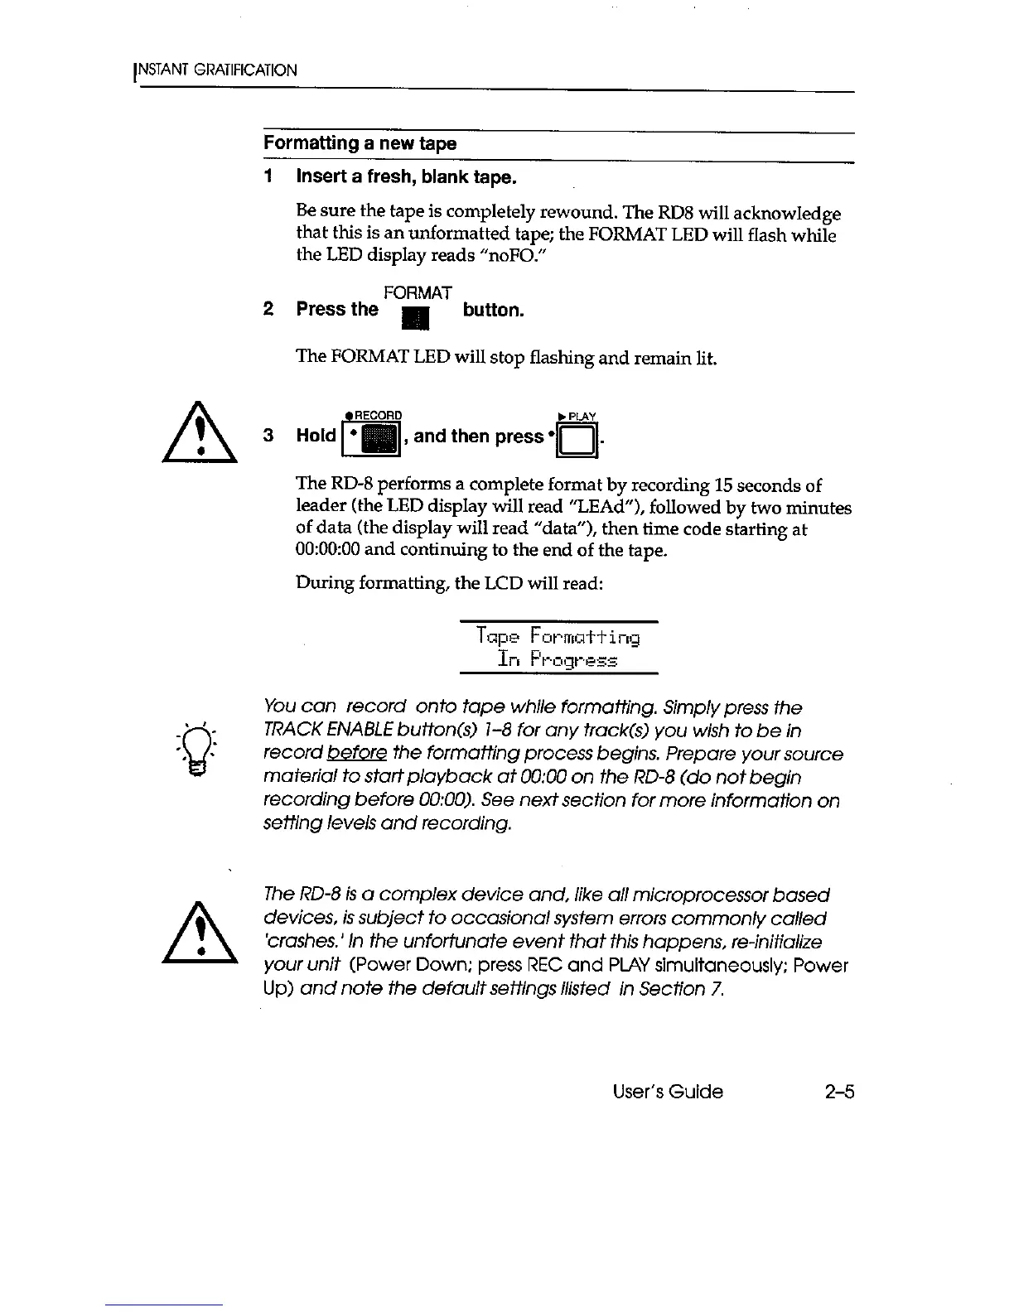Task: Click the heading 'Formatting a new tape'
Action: tap(360, 143)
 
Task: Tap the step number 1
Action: tap(268, 177)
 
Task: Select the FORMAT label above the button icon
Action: tap(418, 292)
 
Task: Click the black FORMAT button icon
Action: tap(413, 317)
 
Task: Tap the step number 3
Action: tap(268, 436)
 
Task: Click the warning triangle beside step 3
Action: tap(200, 435)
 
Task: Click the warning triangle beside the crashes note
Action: tap(200, 932)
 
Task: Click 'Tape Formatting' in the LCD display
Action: tap(558, 637)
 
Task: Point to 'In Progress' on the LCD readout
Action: tap(558, 660)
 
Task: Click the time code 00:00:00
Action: tap(326, 550)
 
